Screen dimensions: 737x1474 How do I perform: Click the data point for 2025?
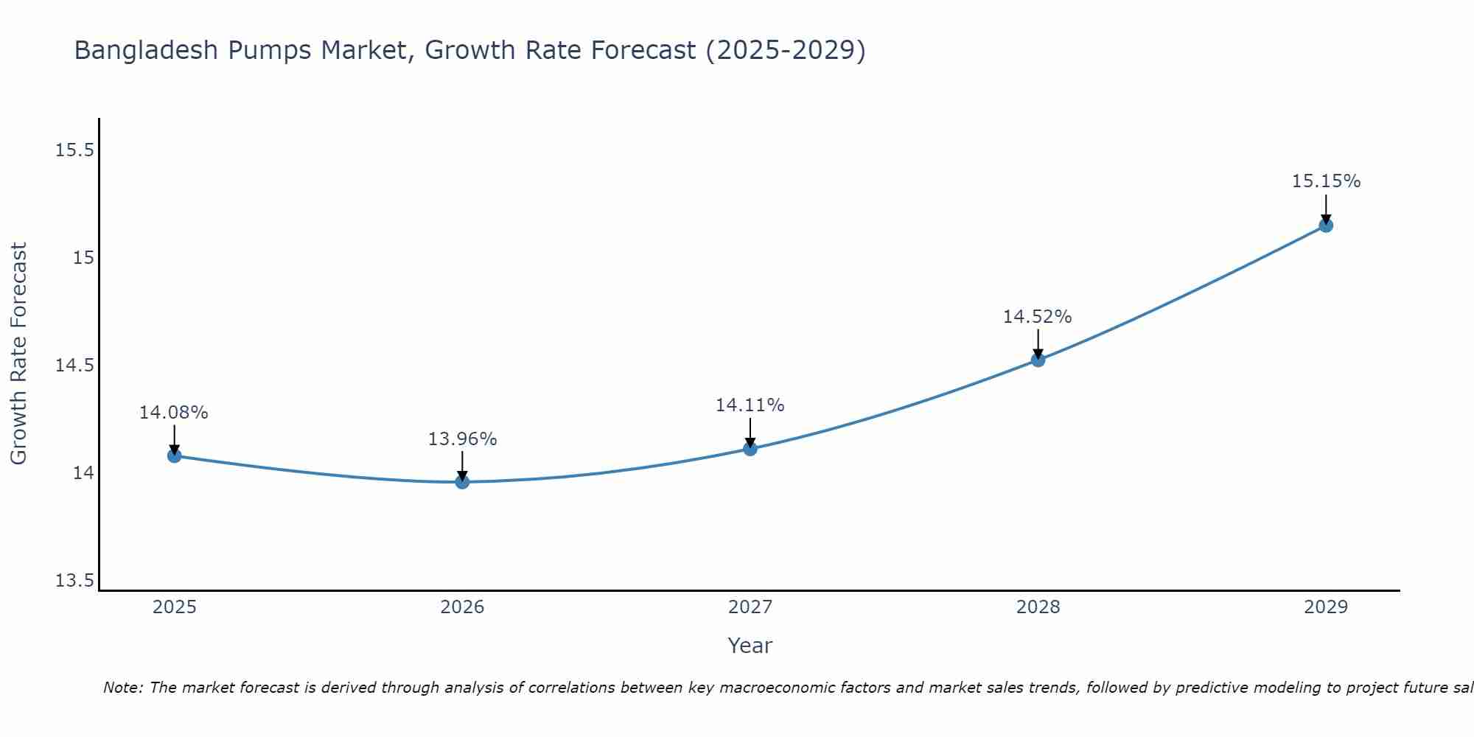pyautogui.click(x=174, y=455)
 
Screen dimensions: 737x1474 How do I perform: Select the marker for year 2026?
pyautogui.click(x=462, y=482)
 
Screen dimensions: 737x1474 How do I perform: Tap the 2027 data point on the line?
pyautogui.click(x=750, y=448)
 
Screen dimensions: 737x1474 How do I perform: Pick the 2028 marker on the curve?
pyautogui.click(x=1038, y=360)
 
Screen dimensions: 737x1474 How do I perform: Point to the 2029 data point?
pyautogui.click(x=1326, y=225)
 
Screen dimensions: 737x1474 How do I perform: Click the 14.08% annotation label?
pyautogui.click(x=174, y=413)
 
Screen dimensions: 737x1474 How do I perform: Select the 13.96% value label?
pyautogui.click(x=462, y=439)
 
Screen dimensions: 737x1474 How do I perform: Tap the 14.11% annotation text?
pyautogui.click(x=750, y=405)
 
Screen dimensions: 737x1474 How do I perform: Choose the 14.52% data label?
pyautogui.click(x=1038, y=317)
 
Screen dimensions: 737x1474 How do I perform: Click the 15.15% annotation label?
pyautogui.click(x=1326, y=181)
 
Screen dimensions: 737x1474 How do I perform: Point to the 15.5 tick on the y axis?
pyautogui.click(x=75, y=150)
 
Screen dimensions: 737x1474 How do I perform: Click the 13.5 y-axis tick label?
pyautogui.click(x=75, y=581)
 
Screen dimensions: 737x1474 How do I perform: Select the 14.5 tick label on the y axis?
pyautogui.click(x=75, y=366)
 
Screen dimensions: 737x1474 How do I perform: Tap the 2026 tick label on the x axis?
pyautogui.click(x=462, y=607)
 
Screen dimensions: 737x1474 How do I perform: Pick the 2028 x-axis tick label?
pyautogui.click(x=1038, y=607)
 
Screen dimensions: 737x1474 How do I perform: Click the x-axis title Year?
pyautogui.click(x=750, y=646)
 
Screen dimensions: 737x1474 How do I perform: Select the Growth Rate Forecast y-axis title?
pyautogui.click(x=18, y=354)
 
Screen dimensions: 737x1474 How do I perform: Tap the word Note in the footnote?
pyautogui.click(x=123, y=688)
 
